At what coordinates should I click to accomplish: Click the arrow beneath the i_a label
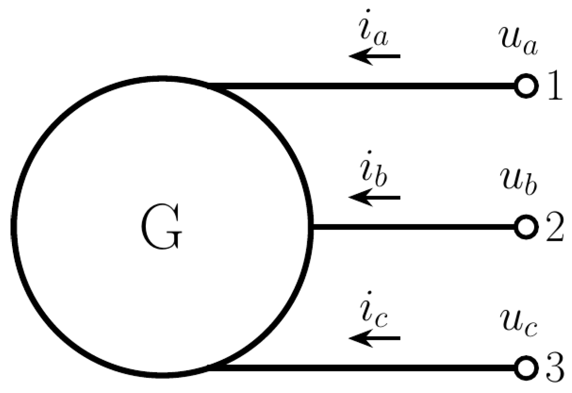375,56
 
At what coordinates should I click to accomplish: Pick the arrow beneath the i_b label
375,197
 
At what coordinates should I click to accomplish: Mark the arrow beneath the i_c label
375,338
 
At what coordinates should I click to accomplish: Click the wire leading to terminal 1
363,87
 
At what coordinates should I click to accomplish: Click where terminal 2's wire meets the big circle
312,227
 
